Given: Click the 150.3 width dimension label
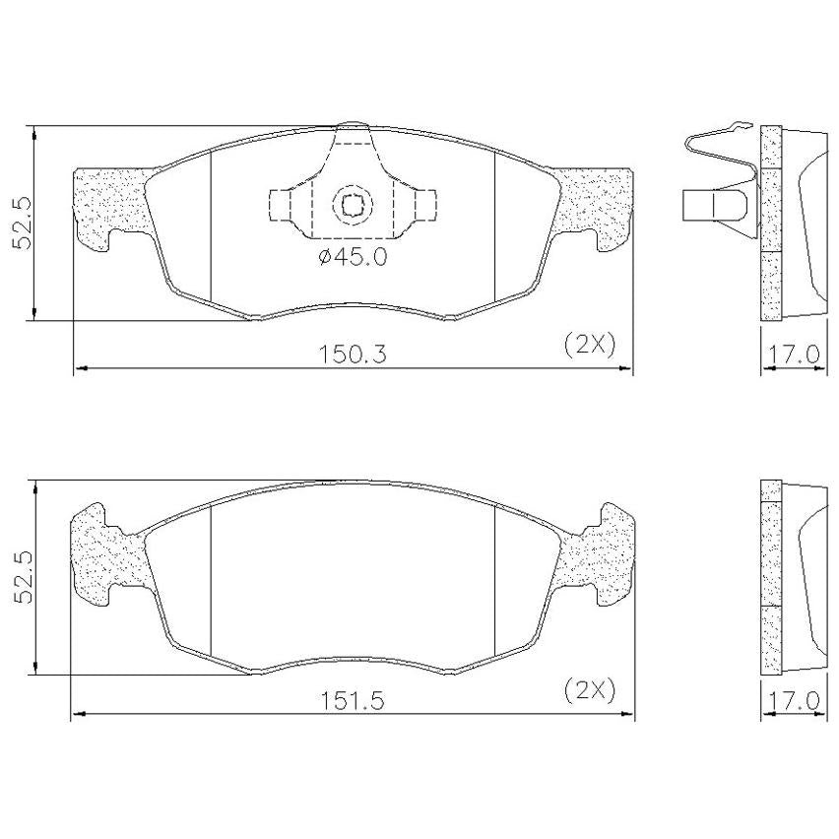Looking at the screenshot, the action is pyautogui.click(x=353, y=354).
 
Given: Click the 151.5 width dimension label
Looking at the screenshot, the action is pyautogui.click(x=353, y=700).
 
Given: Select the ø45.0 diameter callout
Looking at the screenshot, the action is pyautogui.click(x=353, y=258).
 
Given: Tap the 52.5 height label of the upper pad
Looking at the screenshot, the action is pyautogui.click(x=22, y=224).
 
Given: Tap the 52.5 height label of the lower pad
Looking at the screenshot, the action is pyautogui.click(x=22, y=578).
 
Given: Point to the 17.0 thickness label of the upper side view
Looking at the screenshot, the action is pyautogui.click(x=794, y=354).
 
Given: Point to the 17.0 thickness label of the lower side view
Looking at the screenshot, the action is pyautogui.click(x=794, y=700).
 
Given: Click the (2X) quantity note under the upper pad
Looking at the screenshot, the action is pyautogui.click(x=590, y=345).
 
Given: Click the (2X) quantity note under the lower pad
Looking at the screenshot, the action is pyautogui.click(x=590, y=690).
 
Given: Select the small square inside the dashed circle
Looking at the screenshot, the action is pyautogui.click(x=352, y=204).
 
